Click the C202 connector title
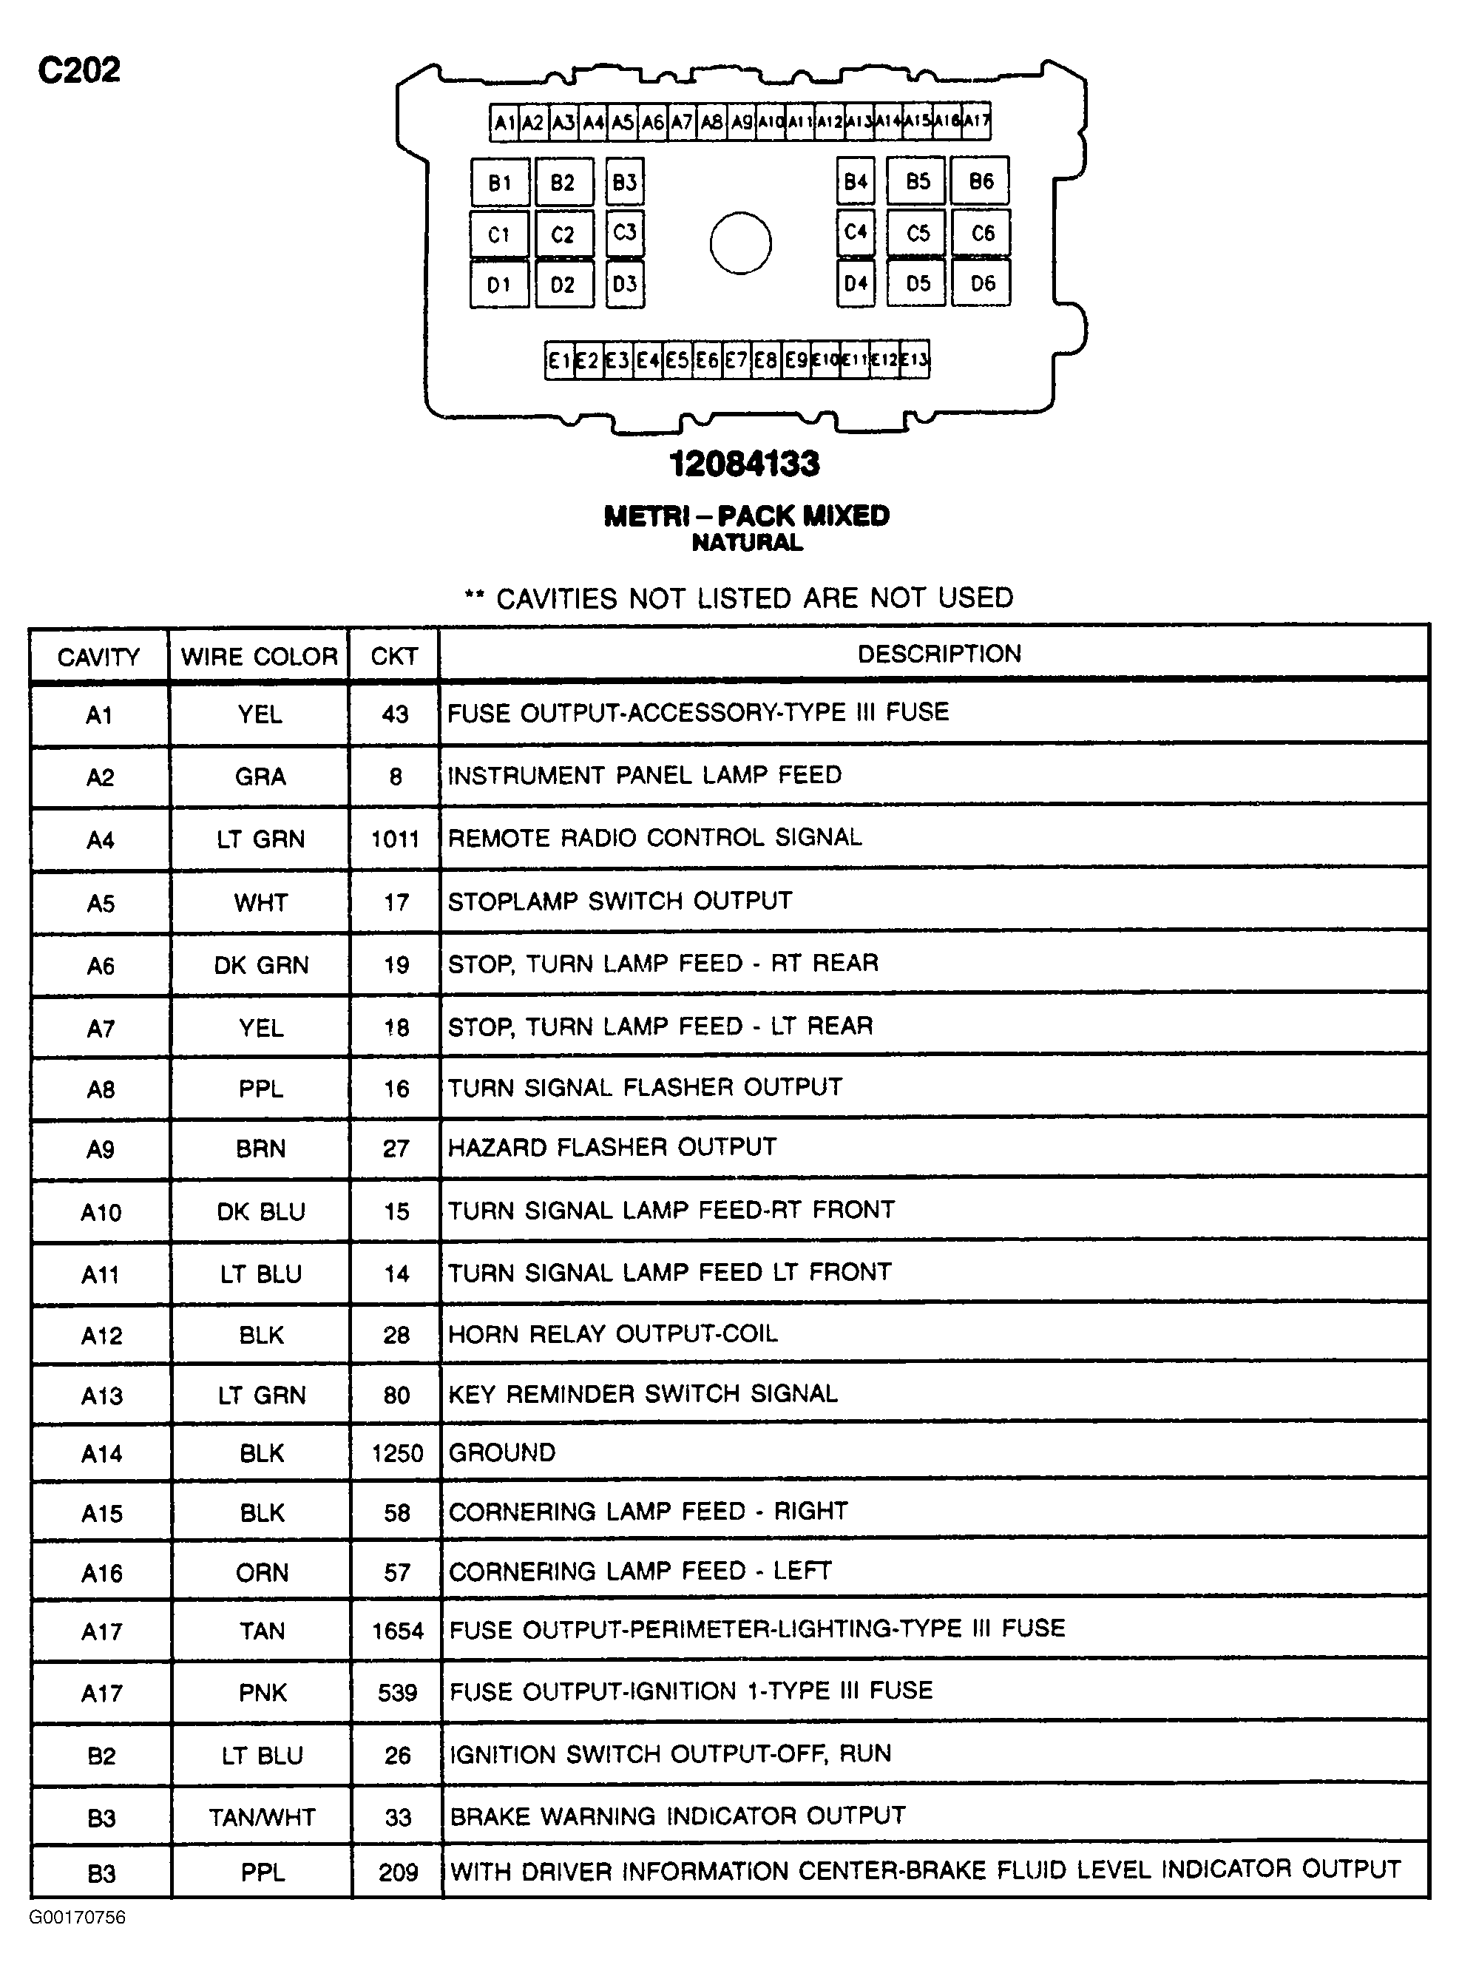[x=78, y=70]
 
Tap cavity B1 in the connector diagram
[x=500, y=182]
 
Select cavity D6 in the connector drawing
[x=981, y=283]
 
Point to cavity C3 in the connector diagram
[x=624, y=233]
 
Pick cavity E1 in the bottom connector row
[x=559, y=360]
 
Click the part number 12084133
[x=745, y=464]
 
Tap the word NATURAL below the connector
[x=747, y=542]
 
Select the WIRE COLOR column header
[x=259, y=656]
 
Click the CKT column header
[x=394, y=656]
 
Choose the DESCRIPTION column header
[x=939, y=654]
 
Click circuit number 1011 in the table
[x=395, y=839]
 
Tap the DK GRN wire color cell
[x=260, y=964]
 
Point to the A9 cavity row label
[x=101, y=1149]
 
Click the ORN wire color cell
[x=263, y=1572]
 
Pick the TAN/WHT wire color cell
[x=263, y=1816]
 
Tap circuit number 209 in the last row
[x=397, y=1873]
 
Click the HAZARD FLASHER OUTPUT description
[x=612, y=1147]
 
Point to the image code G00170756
[x=78, y=1917]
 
